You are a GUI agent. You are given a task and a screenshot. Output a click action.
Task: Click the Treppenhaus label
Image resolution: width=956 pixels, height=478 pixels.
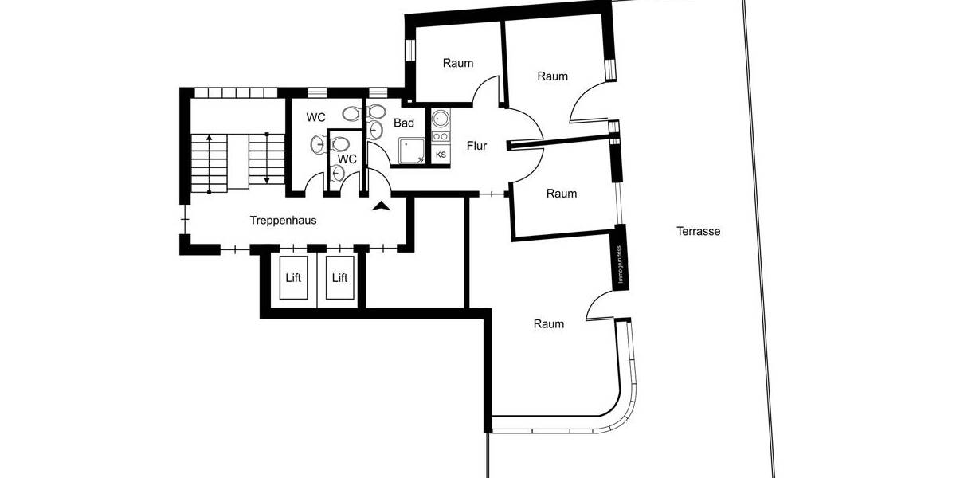[283, 221]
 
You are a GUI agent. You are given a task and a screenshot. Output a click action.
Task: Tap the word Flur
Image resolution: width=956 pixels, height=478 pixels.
[476, 146]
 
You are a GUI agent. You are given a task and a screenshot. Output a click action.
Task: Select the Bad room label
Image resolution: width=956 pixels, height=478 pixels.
[404, 123]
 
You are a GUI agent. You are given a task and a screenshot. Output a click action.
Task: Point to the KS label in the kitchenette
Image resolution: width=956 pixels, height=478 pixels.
[441, 155]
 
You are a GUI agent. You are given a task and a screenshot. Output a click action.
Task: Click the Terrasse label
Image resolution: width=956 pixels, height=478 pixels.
[698, 232]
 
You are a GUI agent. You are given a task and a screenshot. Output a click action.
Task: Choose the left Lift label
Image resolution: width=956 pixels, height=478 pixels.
[295, 278]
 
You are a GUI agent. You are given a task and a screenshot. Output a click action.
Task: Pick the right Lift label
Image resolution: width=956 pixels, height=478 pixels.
[340, 278]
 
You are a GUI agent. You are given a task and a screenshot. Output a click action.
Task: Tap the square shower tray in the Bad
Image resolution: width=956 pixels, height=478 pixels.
[411, 150]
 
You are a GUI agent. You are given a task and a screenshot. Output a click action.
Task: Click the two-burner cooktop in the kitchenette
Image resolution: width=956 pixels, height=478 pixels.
[441, 138]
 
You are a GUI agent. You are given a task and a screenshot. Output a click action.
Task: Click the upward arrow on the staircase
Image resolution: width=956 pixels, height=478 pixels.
[209, 159]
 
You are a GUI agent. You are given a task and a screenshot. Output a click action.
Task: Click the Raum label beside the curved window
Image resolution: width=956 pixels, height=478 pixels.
[549, 324]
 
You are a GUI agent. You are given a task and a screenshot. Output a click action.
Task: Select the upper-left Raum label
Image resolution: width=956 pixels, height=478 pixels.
[458, 64]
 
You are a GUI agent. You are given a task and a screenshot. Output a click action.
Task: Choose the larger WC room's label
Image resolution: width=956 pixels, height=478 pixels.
[316, 118]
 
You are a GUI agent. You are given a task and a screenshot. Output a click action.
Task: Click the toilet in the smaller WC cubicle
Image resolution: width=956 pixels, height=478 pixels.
[340, 144]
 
